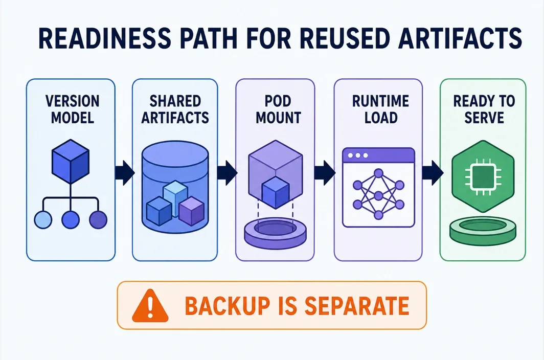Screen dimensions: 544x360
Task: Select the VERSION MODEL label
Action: tap(72, 109)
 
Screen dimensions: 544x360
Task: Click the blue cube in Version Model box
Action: tap(71, 162)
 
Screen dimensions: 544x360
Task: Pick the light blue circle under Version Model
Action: tap(43, 219)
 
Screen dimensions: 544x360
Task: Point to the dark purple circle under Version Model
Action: tap(98, 219)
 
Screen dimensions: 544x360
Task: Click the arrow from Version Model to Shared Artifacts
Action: tap(124, 172)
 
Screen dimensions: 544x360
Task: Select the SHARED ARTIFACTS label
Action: tap(175, 109)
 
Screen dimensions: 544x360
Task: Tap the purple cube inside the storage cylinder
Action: tap(192, 211)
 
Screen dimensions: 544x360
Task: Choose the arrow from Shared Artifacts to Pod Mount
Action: tap(227, 172)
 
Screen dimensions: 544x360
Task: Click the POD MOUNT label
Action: tap(278, 109)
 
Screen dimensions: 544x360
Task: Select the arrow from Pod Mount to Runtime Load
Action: tap(325, 172)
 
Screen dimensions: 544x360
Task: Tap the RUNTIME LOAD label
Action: tap(380, 109)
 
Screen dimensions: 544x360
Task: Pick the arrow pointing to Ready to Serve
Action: tap(433, 172)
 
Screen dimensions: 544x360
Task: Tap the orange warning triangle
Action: tap(150, 305)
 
